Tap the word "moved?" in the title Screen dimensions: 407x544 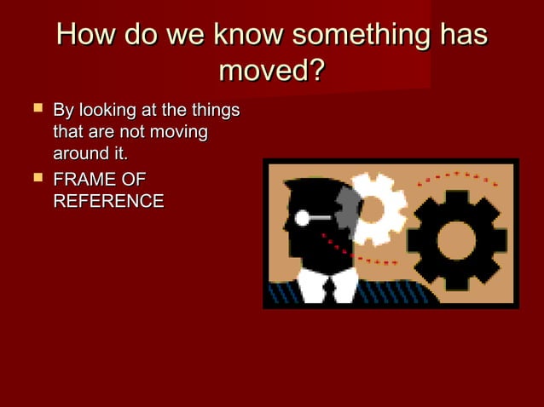tap(272, 70)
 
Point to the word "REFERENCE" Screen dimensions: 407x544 tap(108, 202)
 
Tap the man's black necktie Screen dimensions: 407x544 tap(329, 289)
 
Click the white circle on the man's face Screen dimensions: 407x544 tap(302, 218)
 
